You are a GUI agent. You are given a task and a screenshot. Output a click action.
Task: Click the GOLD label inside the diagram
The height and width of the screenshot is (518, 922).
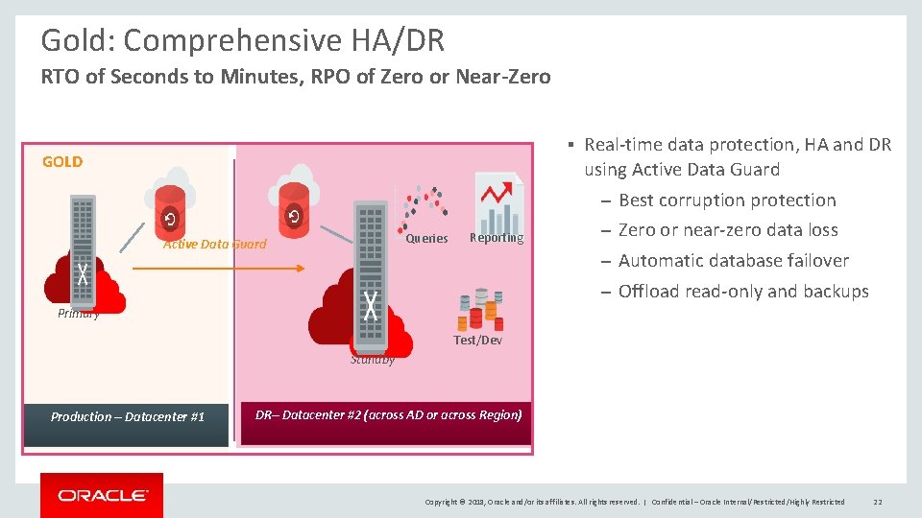coord(62,161)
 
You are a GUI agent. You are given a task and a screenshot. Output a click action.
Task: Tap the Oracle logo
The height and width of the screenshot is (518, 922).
coord(102,496)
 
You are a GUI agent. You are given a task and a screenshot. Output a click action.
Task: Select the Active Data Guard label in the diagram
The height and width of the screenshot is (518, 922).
coord(214,244)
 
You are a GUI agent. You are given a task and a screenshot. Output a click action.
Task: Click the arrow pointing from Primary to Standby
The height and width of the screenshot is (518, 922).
coord(218,270)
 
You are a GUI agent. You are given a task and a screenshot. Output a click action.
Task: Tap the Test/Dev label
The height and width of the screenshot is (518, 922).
coord(477,341)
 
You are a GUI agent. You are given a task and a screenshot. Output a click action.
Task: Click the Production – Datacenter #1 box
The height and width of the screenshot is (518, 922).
coord(127,416)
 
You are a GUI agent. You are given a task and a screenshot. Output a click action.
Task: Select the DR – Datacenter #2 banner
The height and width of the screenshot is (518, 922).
coord(388,415)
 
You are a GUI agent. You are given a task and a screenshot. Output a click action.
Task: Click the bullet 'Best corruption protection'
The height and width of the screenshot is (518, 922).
coord(727,200)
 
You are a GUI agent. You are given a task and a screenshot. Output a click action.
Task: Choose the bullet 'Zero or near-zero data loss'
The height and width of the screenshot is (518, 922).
coord(728,230)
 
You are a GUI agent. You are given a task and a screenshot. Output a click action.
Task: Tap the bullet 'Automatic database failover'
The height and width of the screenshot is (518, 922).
coord(734,261)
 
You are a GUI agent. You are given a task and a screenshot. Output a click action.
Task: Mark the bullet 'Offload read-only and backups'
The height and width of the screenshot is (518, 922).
coord(743,292)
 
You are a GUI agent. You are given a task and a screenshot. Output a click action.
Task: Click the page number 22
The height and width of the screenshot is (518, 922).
coord(878,502)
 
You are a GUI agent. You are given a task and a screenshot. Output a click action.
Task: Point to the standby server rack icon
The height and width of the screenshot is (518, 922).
coord(370,273)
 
